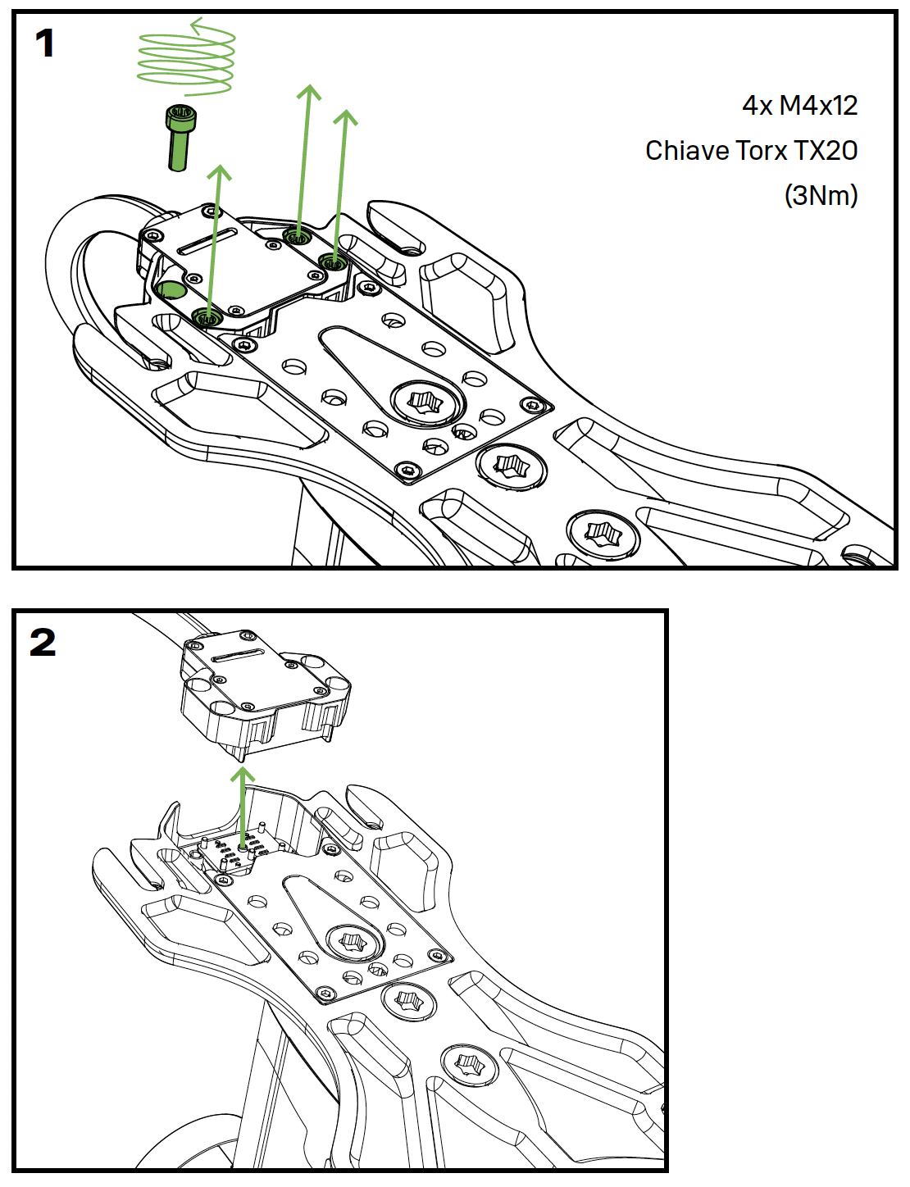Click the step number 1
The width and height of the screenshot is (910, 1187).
click(x=45, y=43)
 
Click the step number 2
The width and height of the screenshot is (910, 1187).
click(x=43, y=642)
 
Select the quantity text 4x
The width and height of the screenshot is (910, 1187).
click(x=757, y=106)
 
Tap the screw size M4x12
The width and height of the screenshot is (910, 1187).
click(x=818, y=106)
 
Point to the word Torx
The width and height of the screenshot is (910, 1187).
click(x=762, y=151)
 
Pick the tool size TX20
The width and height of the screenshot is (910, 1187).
click(x=826, y=151)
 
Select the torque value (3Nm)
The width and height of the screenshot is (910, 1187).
click(x=821, y=196)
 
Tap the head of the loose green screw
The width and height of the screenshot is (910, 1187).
click(x=180, y=118)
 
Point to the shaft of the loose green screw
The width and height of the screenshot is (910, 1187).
click(x=178, y=152)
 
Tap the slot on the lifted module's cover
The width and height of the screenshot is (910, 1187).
click(x=237, y=656)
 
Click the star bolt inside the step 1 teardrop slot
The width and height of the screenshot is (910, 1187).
click(x=425, y=402)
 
